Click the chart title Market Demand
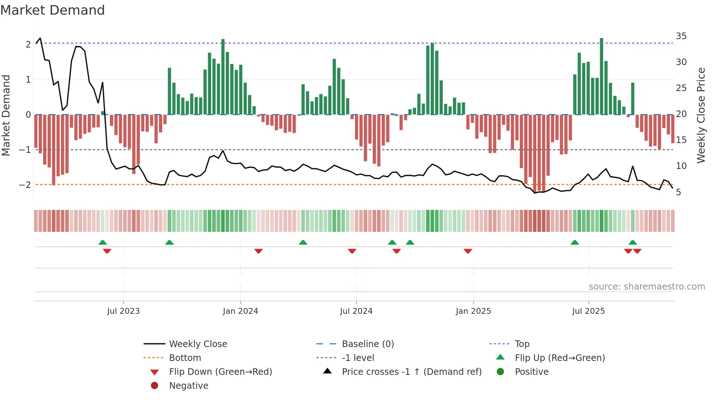click(53, 10)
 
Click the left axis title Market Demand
click(6, 115)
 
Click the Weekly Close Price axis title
click(701, 115)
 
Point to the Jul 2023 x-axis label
click(123, 311)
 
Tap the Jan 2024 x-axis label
click(240, 311)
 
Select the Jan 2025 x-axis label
click(473, 311)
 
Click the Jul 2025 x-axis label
click(588, 311)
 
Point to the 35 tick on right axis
click(681, 36)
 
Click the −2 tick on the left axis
click(25, 185)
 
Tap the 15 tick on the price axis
click(681, 140)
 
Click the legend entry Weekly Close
click(198, 344)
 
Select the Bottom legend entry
click(185, 358)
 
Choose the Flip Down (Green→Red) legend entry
click(220, 372)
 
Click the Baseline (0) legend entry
click(367, 344)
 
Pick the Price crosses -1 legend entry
click(411, 372)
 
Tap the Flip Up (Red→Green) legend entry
click(560, 358)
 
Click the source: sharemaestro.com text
click(647, 286)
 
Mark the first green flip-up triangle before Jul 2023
click(103, 242)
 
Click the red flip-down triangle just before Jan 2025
click(468, 251)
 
